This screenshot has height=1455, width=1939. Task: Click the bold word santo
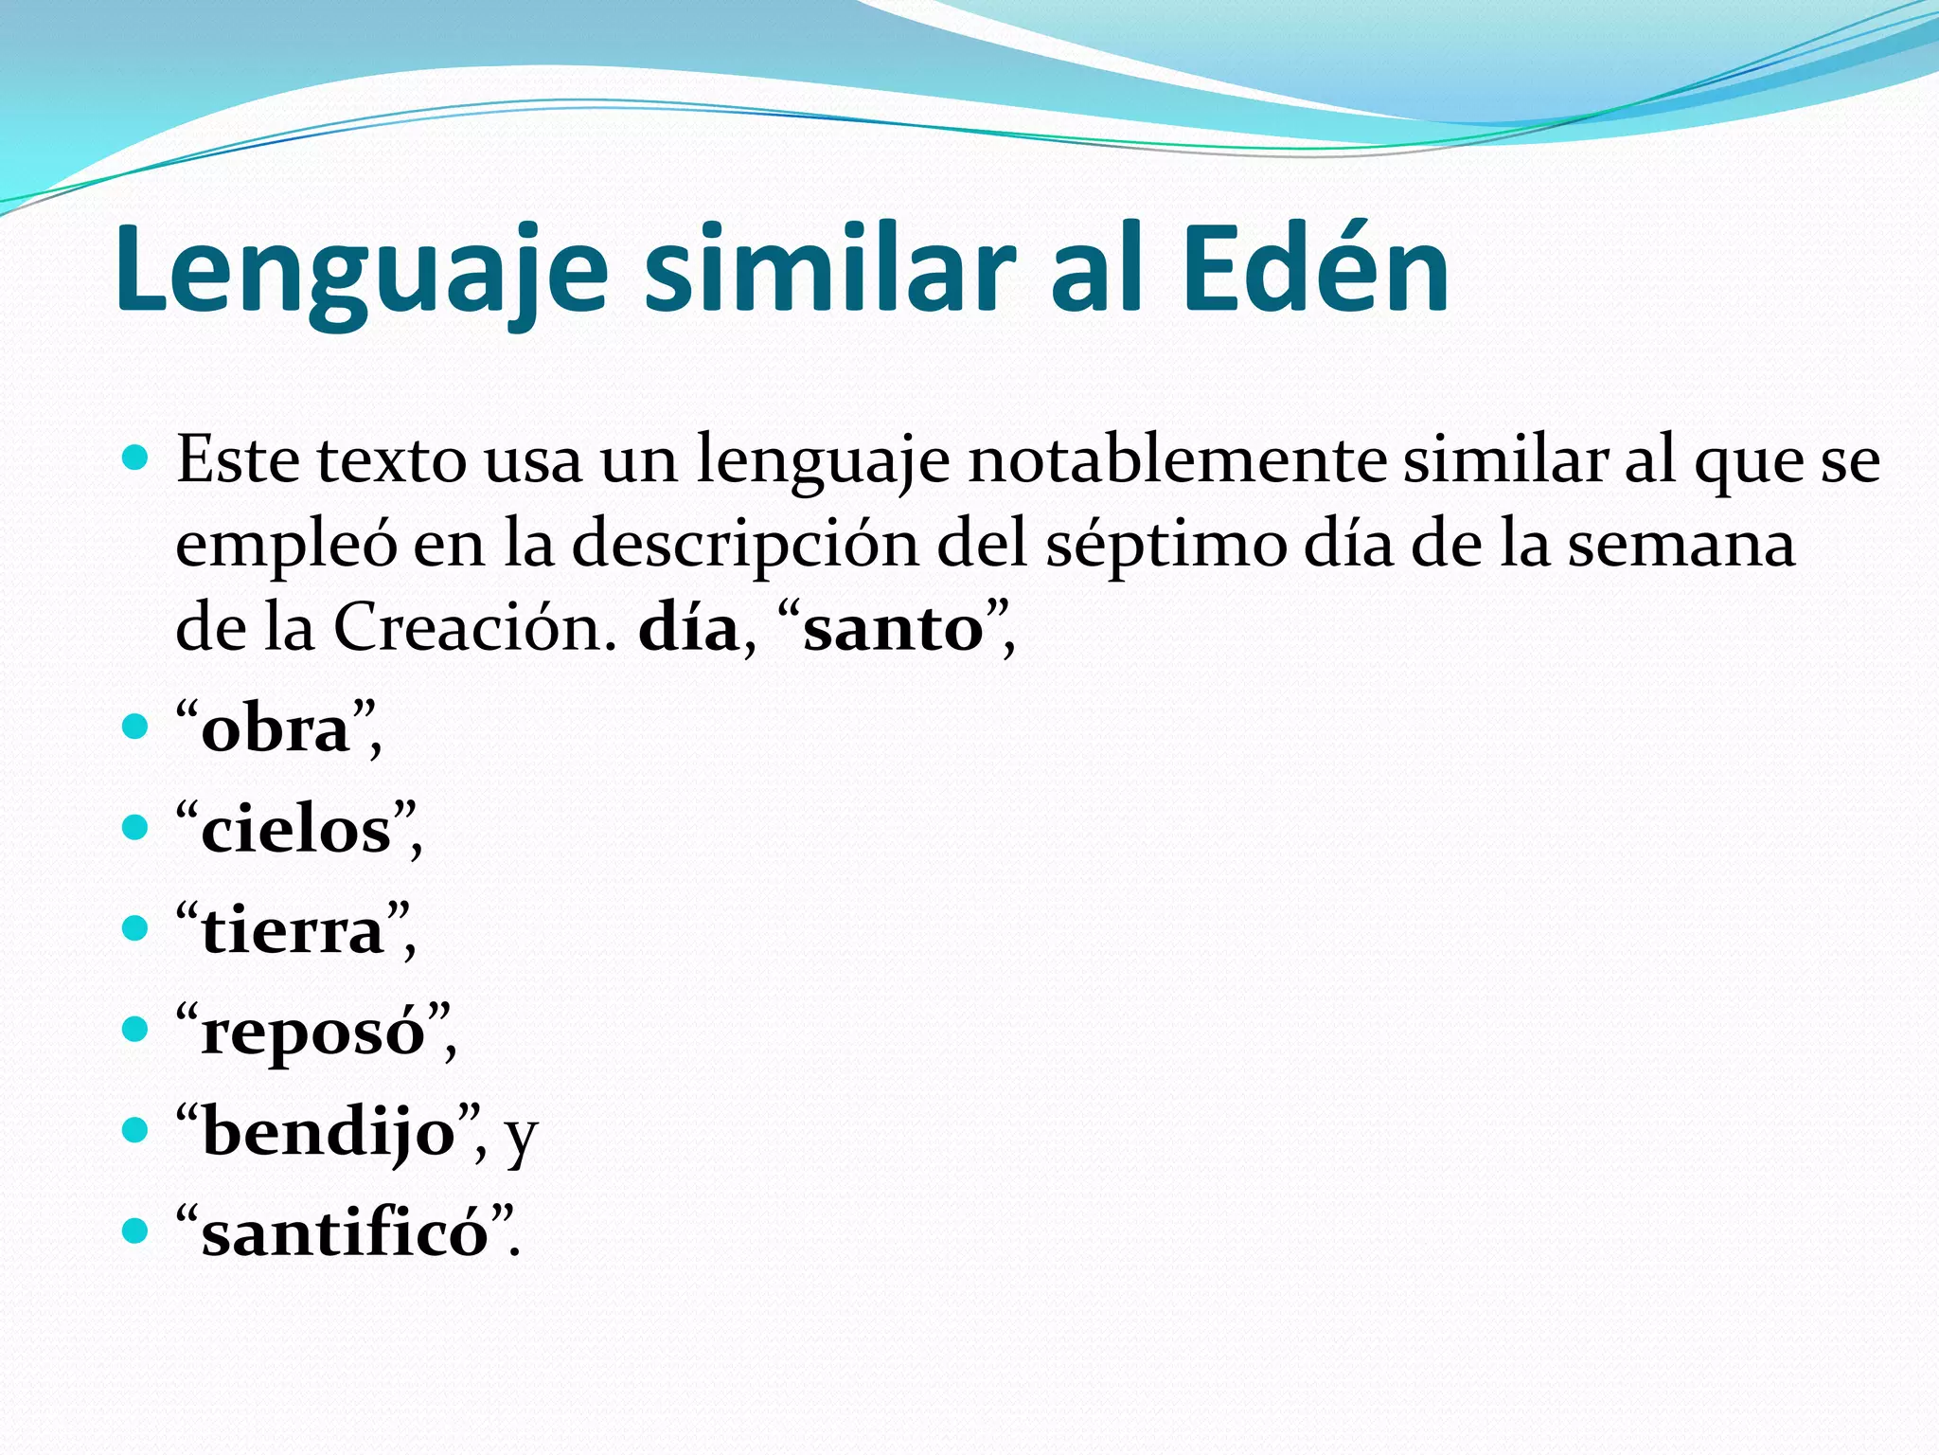(894, 629)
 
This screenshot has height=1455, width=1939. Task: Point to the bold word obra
(276, 730)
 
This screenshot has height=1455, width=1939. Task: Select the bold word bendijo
(329, 1133)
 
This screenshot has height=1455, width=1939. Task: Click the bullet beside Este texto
(136, 460)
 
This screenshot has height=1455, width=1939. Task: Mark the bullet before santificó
(136, 1231)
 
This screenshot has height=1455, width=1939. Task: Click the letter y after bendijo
(521, 1137)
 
